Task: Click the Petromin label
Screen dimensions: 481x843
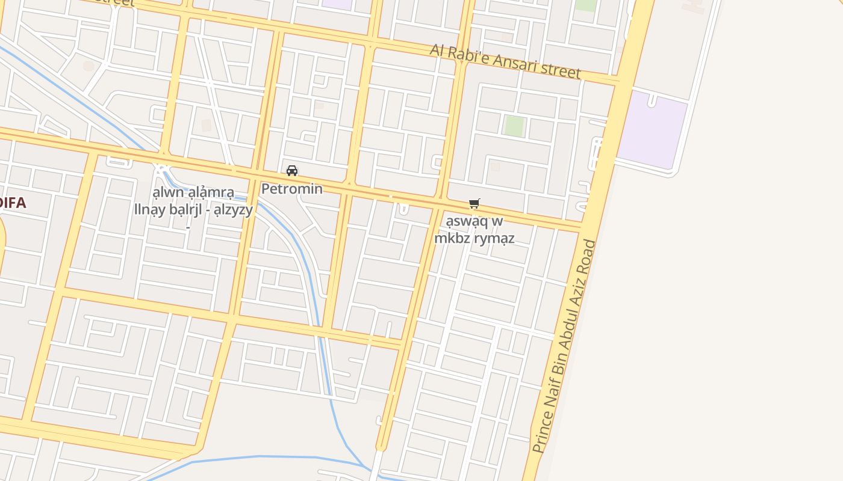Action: pyautogui.click(x=291, y=189)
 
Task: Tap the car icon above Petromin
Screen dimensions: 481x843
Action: pyautogui.click(x=292, y=171)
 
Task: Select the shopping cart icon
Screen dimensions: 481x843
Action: pyautogui.click(x=474, y=204)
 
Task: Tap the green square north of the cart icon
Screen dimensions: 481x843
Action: pyautogui.click(x=514, y=126)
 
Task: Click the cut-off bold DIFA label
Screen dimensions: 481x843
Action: pyautogui.click(x=12, y=203)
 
